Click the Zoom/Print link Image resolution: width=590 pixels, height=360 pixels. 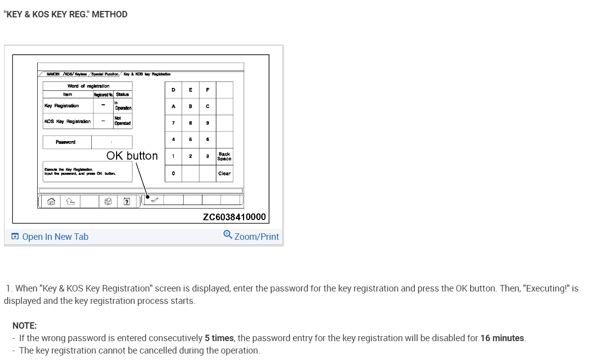pos(252,236)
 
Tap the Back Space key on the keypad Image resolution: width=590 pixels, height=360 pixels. pos(224,156)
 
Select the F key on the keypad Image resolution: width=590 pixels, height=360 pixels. pos(207,90)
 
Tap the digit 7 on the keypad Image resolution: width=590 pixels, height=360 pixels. pos(173,123)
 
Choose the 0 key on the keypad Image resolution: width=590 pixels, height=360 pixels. pos(173,173)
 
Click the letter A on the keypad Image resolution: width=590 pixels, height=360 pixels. pos(173,106)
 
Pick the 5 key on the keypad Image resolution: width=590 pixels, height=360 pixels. pos(190,140)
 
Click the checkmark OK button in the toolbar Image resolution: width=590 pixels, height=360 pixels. pos(153,200)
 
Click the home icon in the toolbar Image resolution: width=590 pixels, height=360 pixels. pos(50,201)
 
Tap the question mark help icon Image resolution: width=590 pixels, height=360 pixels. pos(127,201)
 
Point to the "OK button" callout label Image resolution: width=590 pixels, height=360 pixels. pos(132,156)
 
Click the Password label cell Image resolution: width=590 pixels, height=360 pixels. pos(66,142)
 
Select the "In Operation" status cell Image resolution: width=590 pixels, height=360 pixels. pos(123,106)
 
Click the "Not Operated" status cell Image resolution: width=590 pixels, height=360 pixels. pos(123,121)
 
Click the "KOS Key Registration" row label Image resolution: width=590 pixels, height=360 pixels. pos(67,121)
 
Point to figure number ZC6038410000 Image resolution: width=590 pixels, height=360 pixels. pos(234,217)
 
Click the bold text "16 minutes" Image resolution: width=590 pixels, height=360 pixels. pos(502,338)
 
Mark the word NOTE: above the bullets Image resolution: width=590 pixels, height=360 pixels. pos(25,326)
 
